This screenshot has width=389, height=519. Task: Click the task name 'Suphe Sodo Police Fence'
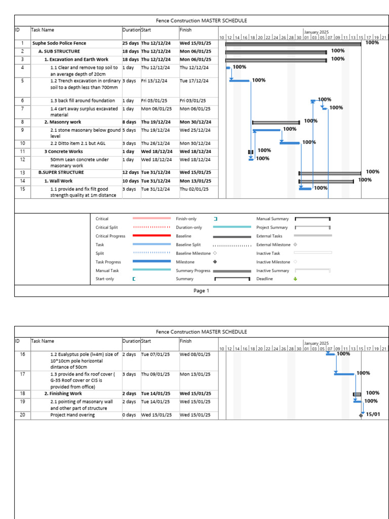pyautogui.click(x=59, y=43)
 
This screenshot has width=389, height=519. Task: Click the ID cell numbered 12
pyautogui.click(x=22, y=160)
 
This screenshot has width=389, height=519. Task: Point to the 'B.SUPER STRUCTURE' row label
pyautogui.click(x=61, y=172)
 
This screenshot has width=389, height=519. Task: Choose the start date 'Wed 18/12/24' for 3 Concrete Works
pyautogui.click(x=157, y=152)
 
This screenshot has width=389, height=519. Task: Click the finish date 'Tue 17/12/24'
pyautogui.click(x=194, y=81)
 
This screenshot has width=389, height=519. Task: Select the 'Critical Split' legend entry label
pyautogui.click(x=106, y=228)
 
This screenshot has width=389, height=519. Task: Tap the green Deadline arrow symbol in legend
pyautogui.click(x=295, y=279)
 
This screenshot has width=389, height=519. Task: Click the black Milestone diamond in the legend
pyautogui.click(x=215, y=262)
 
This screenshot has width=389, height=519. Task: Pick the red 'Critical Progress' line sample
pyautogui.click(x=151, y=236)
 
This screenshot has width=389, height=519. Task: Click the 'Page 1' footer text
pyautogui.click(x=201, y=291)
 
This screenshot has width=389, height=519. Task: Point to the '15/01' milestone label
pyautogui.click(x=373, y=415)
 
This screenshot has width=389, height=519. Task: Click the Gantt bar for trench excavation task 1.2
pyautogui.click(x=240, y=81)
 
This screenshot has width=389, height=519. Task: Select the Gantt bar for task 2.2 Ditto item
pyautogui.click(x=290, y=143)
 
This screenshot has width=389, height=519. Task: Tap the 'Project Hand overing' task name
pyautogui.click(x=72, y=415)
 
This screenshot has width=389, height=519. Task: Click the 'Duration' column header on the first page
pyautogui.click(x=131, y=30)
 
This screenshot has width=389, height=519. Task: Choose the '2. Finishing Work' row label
pyautogui.click(x=63, y=393)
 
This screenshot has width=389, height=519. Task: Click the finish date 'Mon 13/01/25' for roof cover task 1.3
pyautogui.click(x=194, y=374)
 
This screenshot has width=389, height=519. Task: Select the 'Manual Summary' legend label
pyautogui.click(x=273, y=219)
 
